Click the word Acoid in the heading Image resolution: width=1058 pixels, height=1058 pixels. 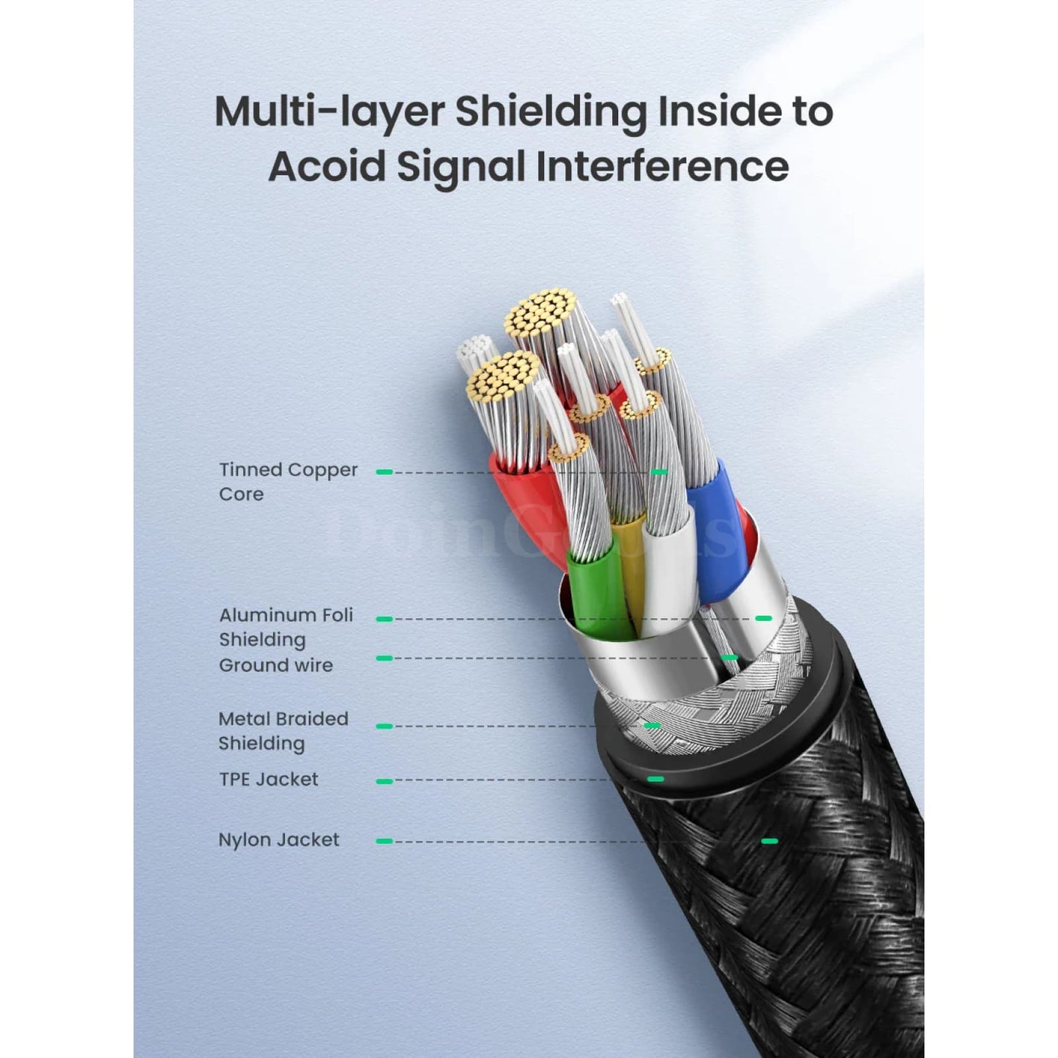pos(326,166)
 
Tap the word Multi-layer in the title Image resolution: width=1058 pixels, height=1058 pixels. pos(329,111)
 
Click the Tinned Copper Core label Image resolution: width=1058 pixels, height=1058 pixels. pos(288,482)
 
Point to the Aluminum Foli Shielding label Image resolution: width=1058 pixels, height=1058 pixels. pos(286,627)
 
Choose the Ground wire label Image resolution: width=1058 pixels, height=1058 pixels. pos(275,666)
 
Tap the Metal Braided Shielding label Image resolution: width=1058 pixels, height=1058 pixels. pos(283,731)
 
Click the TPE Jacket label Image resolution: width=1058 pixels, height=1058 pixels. pos(268,779)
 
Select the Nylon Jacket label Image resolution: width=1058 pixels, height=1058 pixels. pos(278,840)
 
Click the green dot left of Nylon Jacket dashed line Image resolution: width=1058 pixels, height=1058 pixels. pos(384,841)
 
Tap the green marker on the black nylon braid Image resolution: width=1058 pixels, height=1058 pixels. pos(769,841)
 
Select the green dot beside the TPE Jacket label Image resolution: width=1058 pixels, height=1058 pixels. pos(384,781)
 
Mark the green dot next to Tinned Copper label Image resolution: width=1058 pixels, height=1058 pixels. pos(384,472)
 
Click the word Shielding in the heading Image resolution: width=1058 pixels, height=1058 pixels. pos(551,111)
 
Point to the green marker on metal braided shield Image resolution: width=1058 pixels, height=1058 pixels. pos(652,726)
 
